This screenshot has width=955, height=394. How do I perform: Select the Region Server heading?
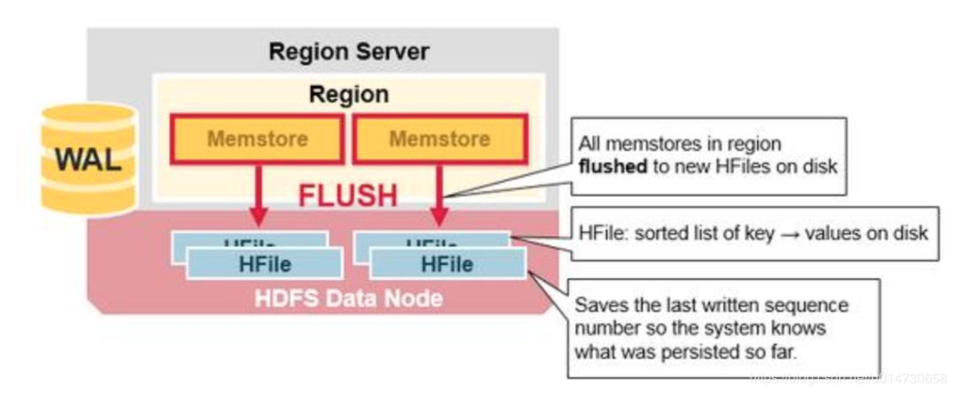click(348, 51)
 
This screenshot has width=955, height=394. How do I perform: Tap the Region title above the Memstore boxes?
click(348, 94)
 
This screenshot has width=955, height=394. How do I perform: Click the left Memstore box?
click(257, 140)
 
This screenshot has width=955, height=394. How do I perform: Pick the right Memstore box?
click(439, 140)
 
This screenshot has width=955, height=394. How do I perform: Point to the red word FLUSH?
click(348, 195)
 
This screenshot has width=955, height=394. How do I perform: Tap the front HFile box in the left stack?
click(264, 263)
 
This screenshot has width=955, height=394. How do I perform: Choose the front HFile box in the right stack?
click(447, 263)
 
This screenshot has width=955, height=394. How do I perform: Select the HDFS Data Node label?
click(348, 299)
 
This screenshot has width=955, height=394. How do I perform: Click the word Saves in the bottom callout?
click(597, 305)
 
